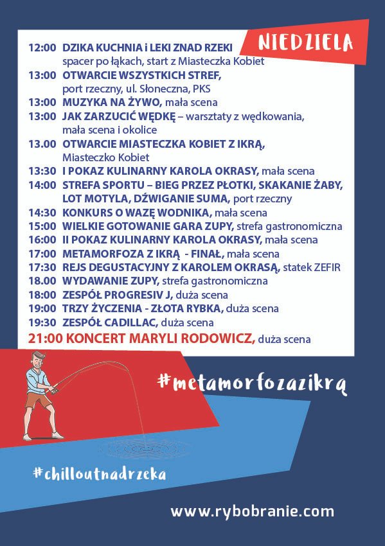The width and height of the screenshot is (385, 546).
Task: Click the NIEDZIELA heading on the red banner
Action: click(x=306, y=42)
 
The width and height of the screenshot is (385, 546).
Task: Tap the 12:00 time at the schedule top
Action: click(x=42, y=48)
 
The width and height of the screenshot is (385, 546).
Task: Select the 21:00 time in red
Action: click(x=42, y=339)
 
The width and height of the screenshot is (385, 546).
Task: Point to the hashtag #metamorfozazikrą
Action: click(x=251, y=382)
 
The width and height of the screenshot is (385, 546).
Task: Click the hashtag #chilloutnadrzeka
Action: click(x=100, y=474)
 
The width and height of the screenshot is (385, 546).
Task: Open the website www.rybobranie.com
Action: click(x=252, y=511)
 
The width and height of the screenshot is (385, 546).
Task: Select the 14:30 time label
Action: click(x=42, y=213)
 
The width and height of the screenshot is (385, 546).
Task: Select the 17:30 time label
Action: click(x=42, y=267)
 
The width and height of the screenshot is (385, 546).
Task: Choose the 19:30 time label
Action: click(x=42, y=322)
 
